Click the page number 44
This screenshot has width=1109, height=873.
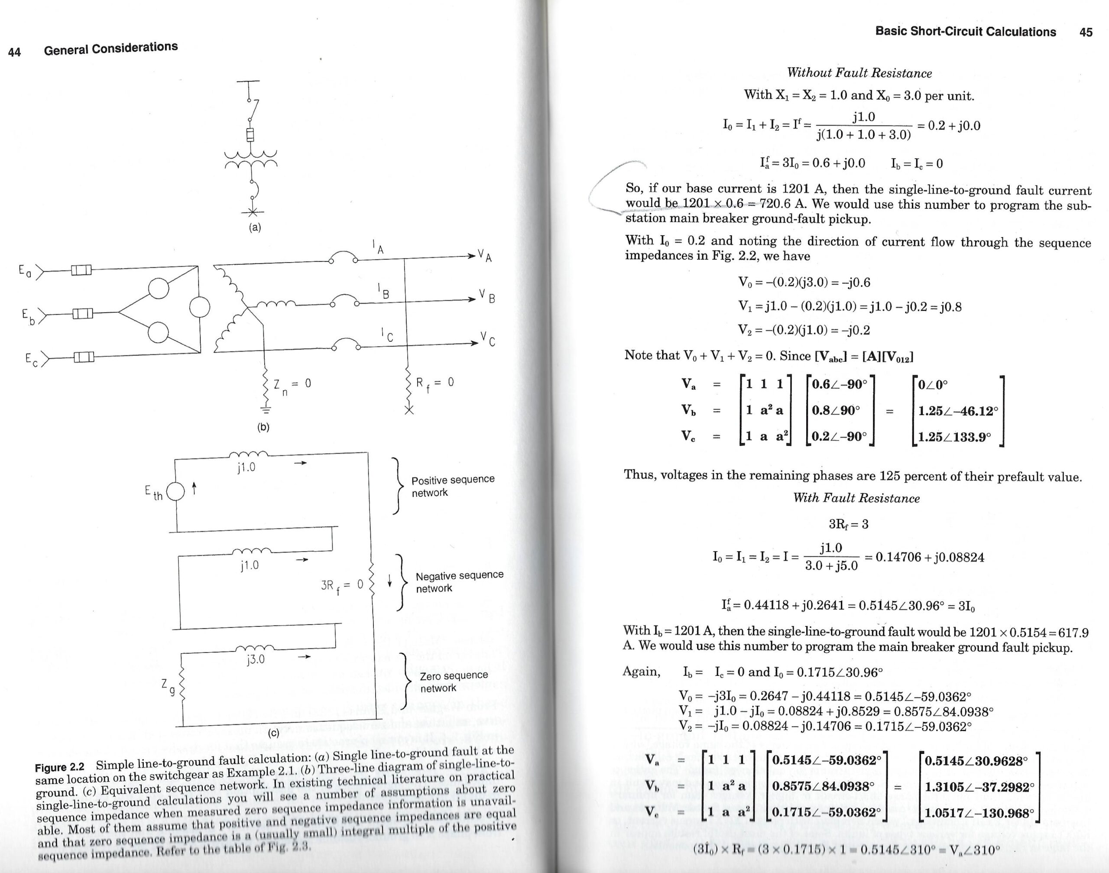click(x=14, y=52)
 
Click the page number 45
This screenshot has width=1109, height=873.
click(x=1086, y=32)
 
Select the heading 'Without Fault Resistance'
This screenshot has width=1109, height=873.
click(x=859, y=73)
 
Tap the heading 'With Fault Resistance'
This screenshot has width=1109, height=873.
click(x=856, y=498)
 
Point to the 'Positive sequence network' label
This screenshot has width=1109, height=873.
click(x=453, y=486)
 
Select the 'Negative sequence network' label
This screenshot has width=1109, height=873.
click(x=459, y=582)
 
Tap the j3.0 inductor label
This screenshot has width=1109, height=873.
click(x=255, y=659)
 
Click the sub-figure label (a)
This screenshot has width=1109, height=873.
click(x=255, y=227)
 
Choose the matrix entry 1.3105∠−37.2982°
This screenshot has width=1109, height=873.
click(x=979, y=787)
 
